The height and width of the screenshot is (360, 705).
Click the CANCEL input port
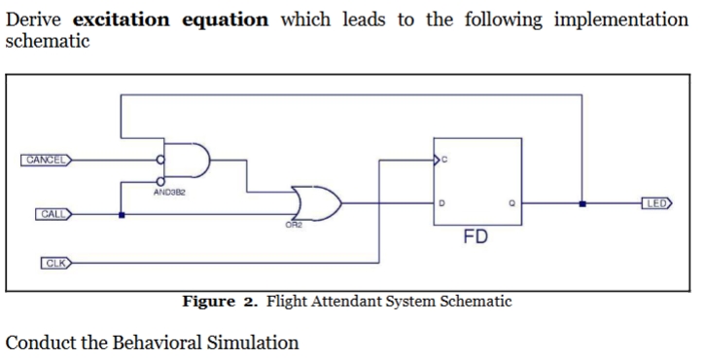45,160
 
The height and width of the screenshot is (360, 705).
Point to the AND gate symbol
191,160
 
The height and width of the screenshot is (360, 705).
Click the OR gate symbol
317,203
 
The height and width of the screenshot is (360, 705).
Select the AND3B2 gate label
171,193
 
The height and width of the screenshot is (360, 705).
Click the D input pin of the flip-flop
442,203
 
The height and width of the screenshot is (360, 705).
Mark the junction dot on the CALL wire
121,214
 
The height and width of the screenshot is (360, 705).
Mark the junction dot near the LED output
582,203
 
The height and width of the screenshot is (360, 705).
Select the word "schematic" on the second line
48,41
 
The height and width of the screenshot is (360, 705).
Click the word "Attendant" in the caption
353,302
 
